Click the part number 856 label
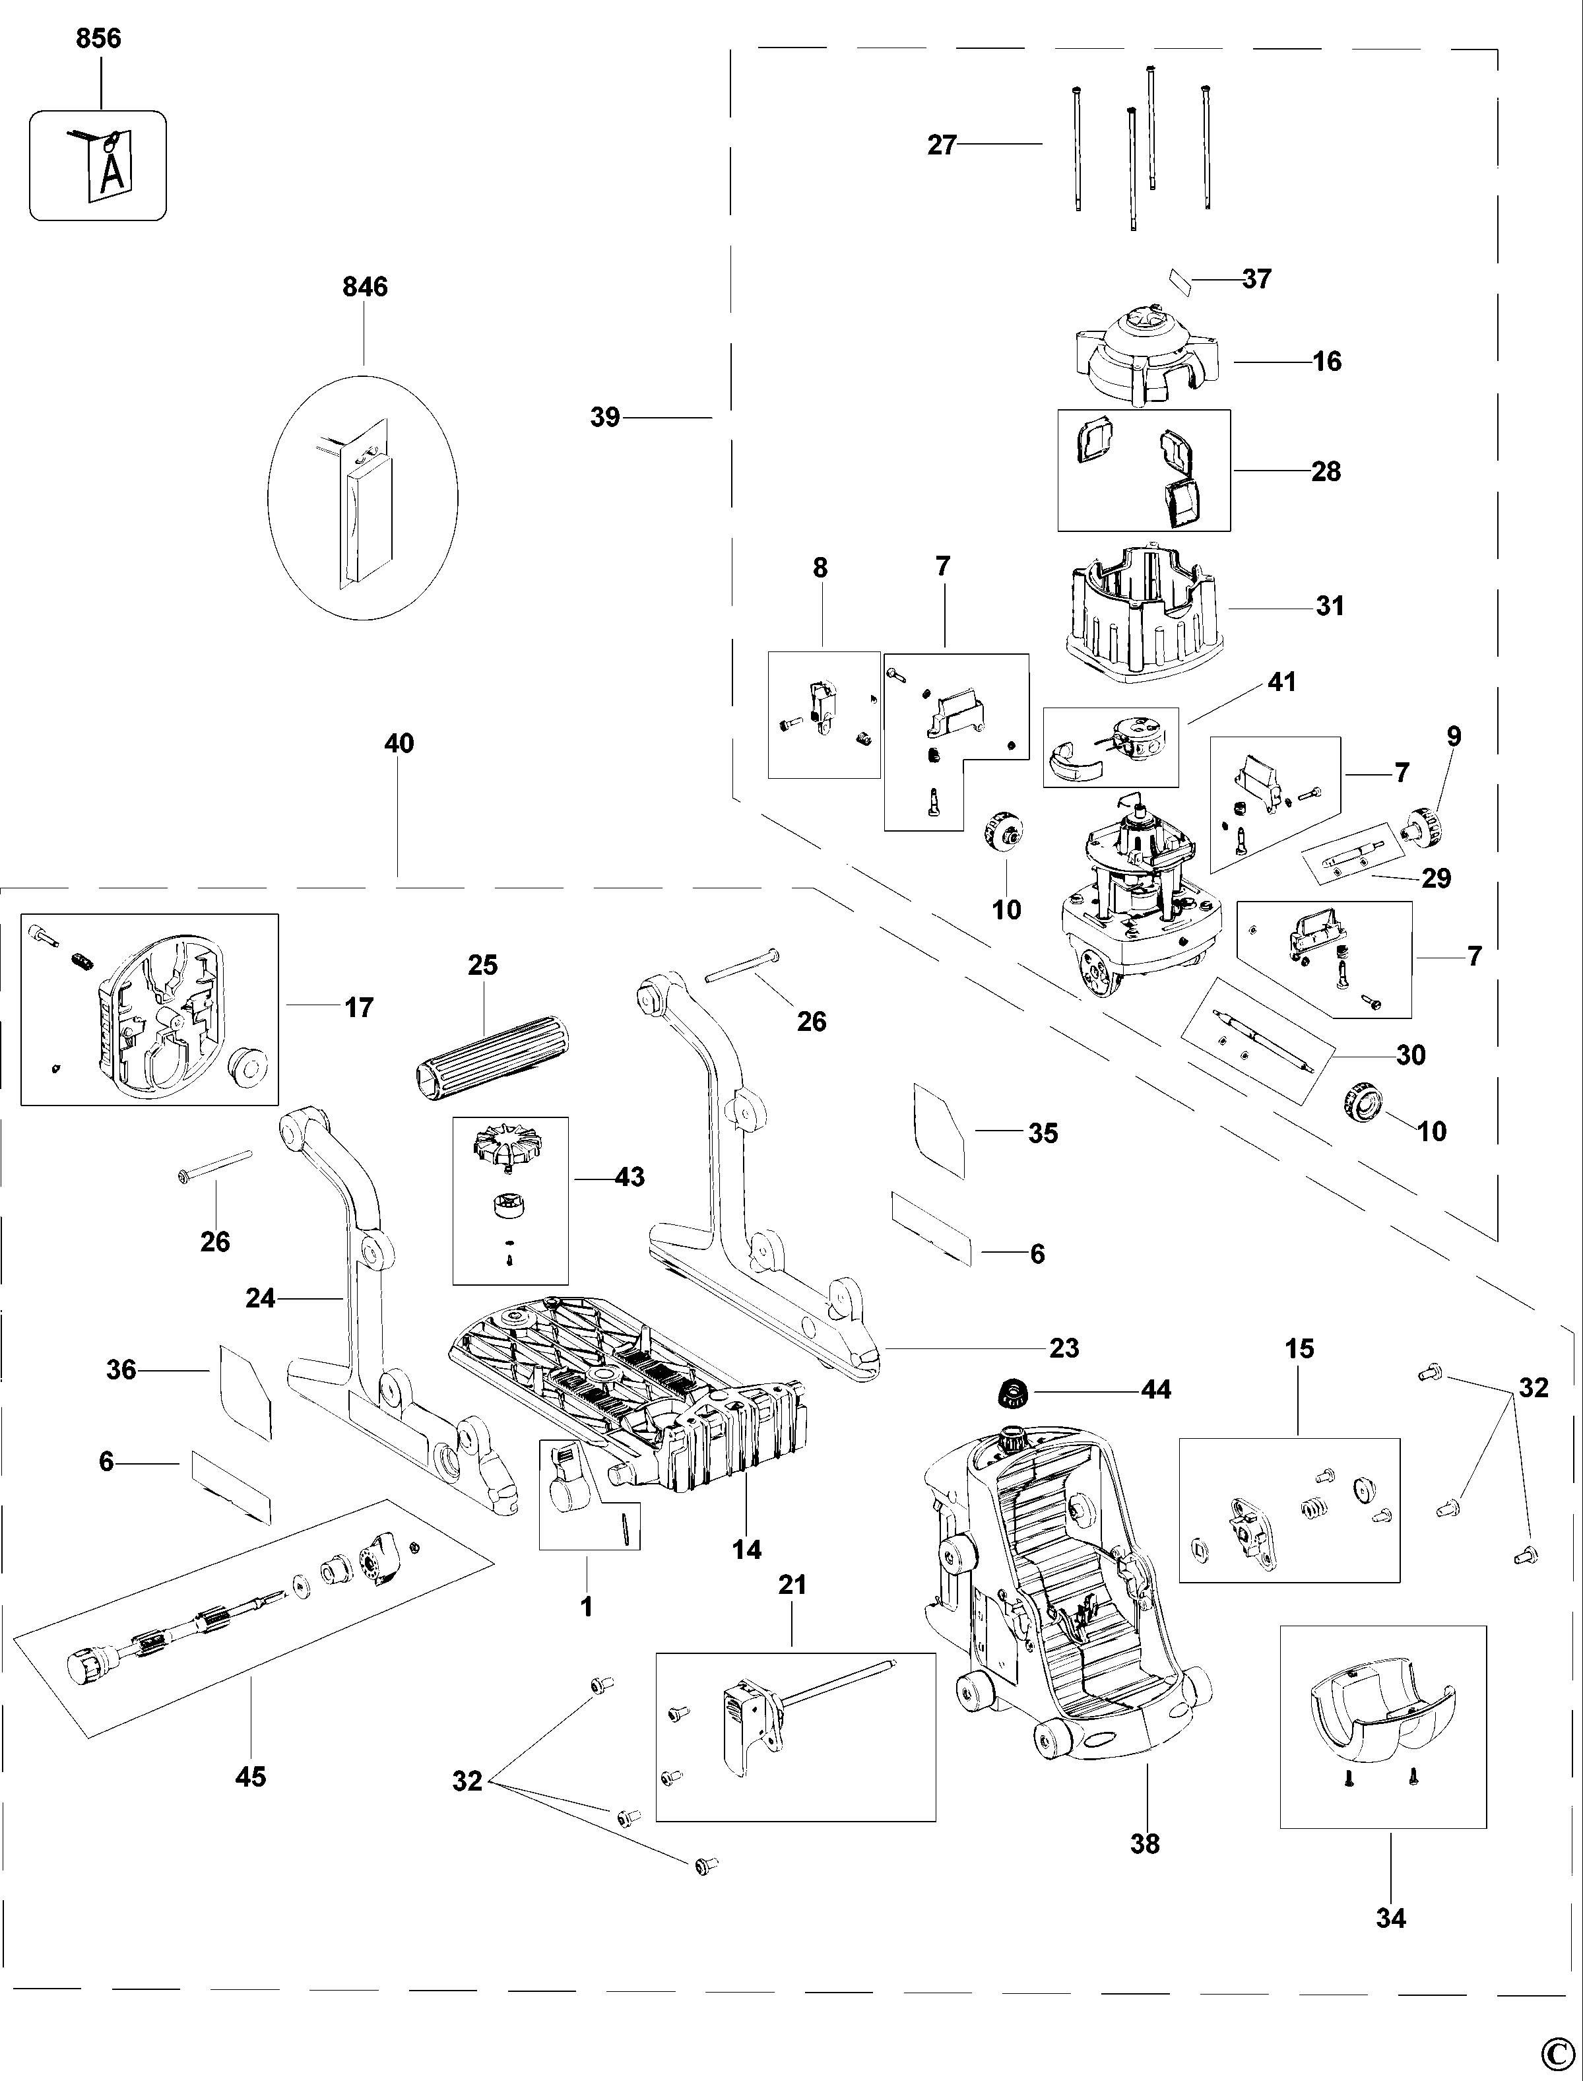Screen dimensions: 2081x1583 point(98,39)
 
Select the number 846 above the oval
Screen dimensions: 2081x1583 point(365,286)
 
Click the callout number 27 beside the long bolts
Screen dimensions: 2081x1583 point(942,145)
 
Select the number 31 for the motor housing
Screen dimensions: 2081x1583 point(1330,606)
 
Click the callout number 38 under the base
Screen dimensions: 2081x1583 point(1145,1843)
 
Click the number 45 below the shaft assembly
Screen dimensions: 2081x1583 point(251,1777)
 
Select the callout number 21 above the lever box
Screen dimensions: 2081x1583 point(792,1585)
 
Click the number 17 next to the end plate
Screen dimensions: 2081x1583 point(358,1008)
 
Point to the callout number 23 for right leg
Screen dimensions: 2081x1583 point(1064,1348)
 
